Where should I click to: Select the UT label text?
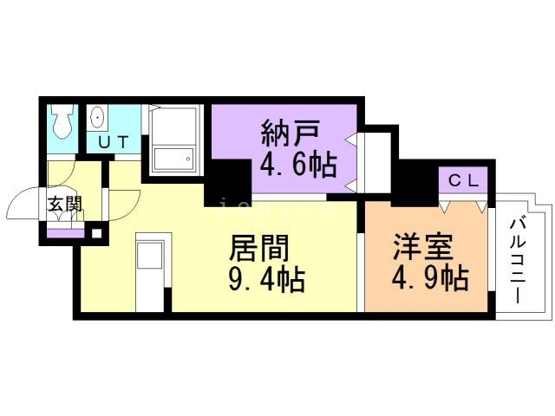coord(113,142)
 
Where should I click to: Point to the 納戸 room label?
coord(291,133)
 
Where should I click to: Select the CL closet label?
coord(463,181)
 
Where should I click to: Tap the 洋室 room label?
coord(422,247)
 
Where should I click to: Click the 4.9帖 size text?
coord(430,278)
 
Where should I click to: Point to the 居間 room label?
coord(259,248)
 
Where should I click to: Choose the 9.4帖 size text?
coord(267,279)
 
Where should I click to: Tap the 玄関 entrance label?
coord(65,205)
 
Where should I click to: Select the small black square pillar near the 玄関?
coord(96,233)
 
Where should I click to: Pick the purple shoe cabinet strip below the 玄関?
coord(66,233)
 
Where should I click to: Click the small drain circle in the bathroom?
coord(189,159)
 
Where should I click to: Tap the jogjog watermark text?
coord(277,208)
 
